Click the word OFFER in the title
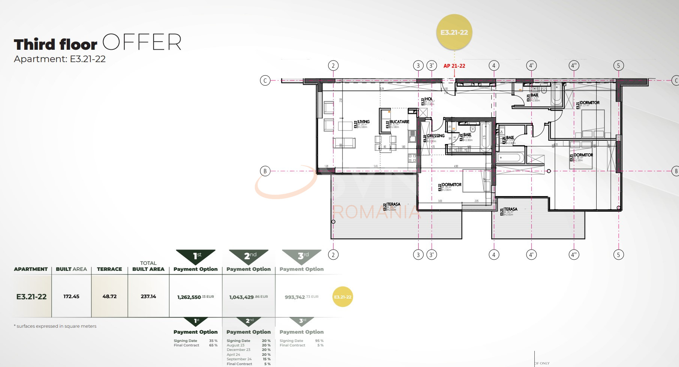(142, 42)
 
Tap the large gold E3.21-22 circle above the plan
(454, 33)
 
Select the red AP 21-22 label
(454, 66)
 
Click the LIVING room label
(363, 122)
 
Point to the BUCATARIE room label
(399, 122)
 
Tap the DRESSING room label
(436, 136)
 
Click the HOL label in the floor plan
(429, 99)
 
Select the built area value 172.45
(71, 296)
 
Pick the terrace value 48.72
(109, 296)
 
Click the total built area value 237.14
(148, 296)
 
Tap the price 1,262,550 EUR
(195, 297)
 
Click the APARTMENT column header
(31, 269)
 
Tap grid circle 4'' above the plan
(574, 66)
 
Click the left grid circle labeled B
(265, 171)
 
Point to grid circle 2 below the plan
(333, 255)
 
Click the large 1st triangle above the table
(196, 256)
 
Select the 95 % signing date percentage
(319, 341)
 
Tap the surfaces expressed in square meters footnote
(55, 326)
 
